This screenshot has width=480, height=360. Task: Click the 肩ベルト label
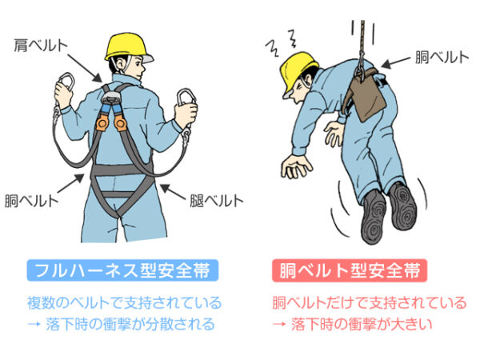pyautogui.click(x=41, y=46)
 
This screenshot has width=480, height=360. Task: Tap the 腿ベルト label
pyautogui.click(x=217, y=201)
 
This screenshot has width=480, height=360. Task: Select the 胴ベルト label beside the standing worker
pyautogui.click(x=31, y=201)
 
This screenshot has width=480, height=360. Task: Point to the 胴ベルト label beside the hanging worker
pyautogui.click(x=442, y=58)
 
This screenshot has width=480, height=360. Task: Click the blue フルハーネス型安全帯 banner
pyautogui.click(x=122, y=270)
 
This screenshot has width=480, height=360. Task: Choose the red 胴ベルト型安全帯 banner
pyautogui.click(x=350, y=270)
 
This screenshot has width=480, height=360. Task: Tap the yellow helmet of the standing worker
pyautogui.click(x=128, y=47)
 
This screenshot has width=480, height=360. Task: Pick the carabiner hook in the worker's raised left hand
pyautogui.click(x=66, y=82)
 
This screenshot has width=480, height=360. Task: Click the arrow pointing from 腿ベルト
pyautogui.click(x=173, y=192)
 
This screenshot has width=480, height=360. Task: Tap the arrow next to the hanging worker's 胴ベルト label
pyautogui.click(x=396, y=62)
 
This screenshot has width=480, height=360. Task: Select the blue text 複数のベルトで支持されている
pyautogui.click(x=124, y=303)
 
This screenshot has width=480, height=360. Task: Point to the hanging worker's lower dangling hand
pyautogui.click(x=296, y=166)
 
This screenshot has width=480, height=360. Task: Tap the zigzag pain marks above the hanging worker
pyautogui.click(x=281, y=43)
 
